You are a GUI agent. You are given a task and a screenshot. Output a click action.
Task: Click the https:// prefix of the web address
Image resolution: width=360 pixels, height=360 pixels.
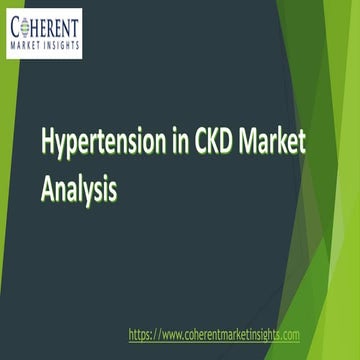pyautogui.click(x=146, y=334)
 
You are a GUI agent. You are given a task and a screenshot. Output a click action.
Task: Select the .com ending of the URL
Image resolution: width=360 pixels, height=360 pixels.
pyautogui.click(x=287, y=334)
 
